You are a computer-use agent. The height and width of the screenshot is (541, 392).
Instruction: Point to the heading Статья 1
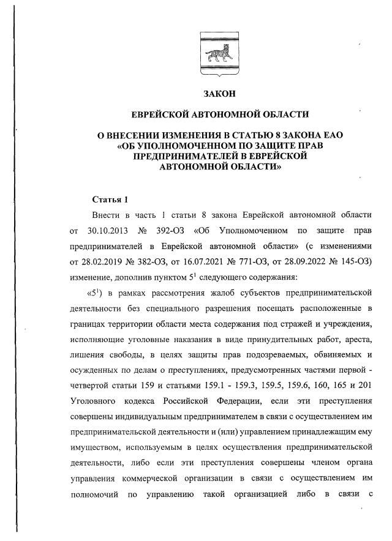click(110, 200)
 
